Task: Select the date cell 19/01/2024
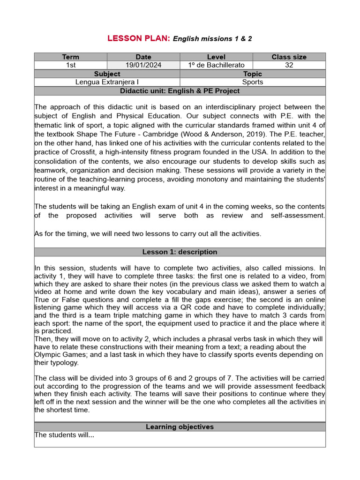pyautogui.click(x=143, y=65)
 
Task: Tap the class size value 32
pyautogui.click(x=289, y=65)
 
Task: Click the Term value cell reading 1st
pyautogui.click(x=71, y=65)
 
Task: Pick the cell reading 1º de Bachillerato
pyautogui.click(x=216, y=65)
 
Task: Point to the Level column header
pyautogui.click(x=216, y=57)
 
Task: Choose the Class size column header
pyautogui.click(x=289, y=57)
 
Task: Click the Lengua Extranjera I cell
pyautogui.click(x=107, y=82)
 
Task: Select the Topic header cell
pyautogui.click(x=253, y=74)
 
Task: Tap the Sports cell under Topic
pyautogui.click(x=253, y=82)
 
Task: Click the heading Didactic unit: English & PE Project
pyautogui.click(x=180, y=90)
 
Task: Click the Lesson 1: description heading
pyautogui.click(x=180, y=252)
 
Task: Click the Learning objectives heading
pyautogui.click(x=180, y=427)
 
